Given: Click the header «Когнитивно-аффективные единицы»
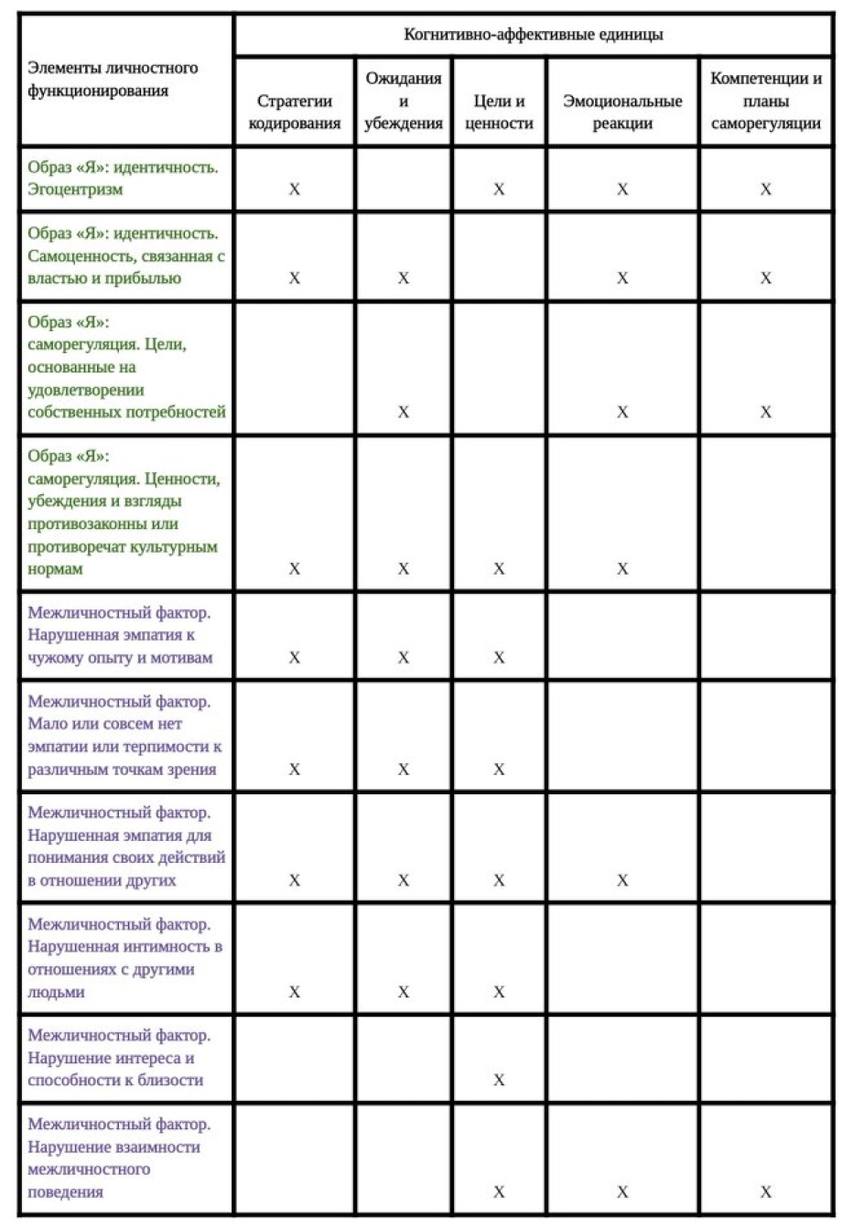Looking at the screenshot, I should pos(534,35).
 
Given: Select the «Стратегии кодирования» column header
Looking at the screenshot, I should pos(294,113).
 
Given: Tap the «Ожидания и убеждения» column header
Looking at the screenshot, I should pos(404,101).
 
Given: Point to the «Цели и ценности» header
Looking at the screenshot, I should pos(499,113).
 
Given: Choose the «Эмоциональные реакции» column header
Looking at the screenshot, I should pos(622,113).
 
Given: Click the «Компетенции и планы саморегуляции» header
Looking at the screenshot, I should pos(765,101).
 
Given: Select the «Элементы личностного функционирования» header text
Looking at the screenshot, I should pos(113,80).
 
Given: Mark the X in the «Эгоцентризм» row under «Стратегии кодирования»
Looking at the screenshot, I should pos(294,189).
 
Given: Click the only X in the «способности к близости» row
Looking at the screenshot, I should pos(499,1080).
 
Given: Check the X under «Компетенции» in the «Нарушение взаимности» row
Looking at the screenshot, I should pos(765,1191).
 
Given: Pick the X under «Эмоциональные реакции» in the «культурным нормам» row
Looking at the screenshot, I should pos(622,568).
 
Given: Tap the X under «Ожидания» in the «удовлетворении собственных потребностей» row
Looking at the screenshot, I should pos(404,412).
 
